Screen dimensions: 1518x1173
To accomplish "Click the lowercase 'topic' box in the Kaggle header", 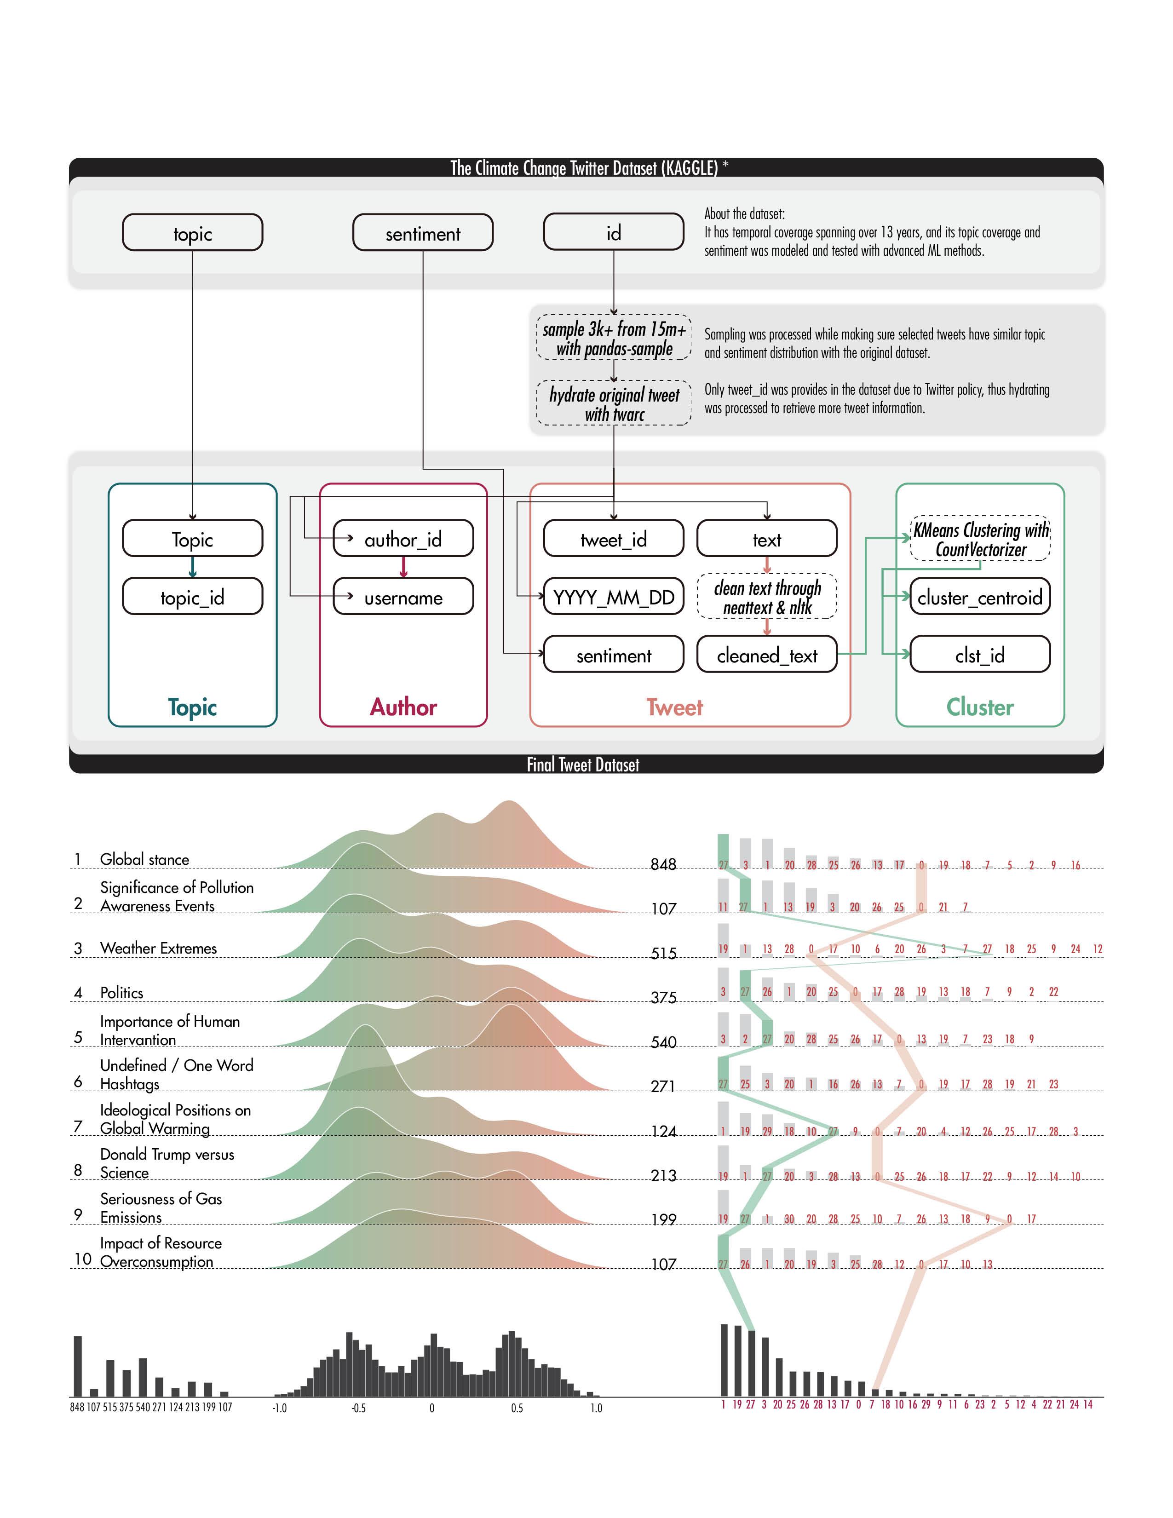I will tap(192, 233).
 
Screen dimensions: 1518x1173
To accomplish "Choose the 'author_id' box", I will tap(403, 540).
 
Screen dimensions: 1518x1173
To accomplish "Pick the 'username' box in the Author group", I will tap(403, 598).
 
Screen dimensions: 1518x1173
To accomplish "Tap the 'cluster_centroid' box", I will tap(979, 598).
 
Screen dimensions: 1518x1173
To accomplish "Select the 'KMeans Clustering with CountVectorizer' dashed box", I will tap(980, 540).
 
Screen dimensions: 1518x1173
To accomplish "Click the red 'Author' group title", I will tap(403, 707).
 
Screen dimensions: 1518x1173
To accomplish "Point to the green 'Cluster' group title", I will tap(980, 707).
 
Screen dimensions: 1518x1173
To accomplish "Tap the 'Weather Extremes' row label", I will tap(158, 949).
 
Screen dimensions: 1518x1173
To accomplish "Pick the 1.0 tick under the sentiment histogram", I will tap(596, 1408).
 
